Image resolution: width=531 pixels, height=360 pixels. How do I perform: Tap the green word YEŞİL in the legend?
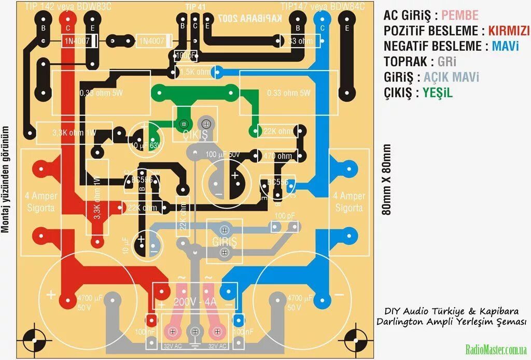[x=438, y=93]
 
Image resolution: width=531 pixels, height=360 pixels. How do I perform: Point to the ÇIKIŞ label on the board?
[x=195, y=135]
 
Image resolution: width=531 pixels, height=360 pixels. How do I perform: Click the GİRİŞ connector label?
[x=224, y=241]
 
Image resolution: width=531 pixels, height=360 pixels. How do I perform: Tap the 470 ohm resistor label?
[x=277, y=156]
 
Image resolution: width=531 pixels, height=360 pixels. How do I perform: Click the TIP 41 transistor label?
[x=195, y=6]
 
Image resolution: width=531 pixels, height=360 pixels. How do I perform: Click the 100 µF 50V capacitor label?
[x=222, y=155]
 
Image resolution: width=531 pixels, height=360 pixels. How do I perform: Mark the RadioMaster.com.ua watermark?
[x=496, y=349]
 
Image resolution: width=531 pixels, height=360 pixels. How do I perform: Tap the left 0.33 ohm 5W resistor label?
[x=101, y=93]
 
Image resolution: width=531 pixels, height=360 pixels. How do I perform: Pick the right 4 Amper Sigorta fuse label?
[x=349, y=202]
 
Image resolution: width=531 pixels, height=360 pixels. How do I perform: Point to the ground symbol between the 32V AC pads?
[x=194, y=345]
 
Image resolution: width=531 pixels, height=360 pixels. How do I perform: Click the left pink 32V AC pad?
[x=172, y=331]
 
